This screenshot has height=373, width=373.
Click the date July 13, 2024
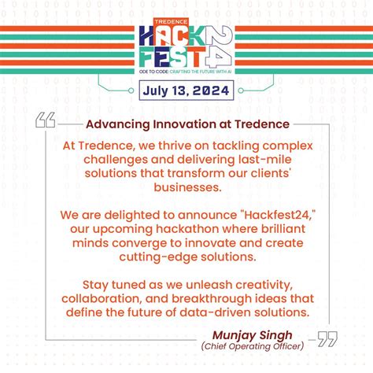point(186,90)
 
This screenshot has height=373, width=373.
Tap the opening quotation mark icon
point(46,121)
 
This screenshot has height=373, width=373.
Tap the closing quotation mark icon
point(327,339)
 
